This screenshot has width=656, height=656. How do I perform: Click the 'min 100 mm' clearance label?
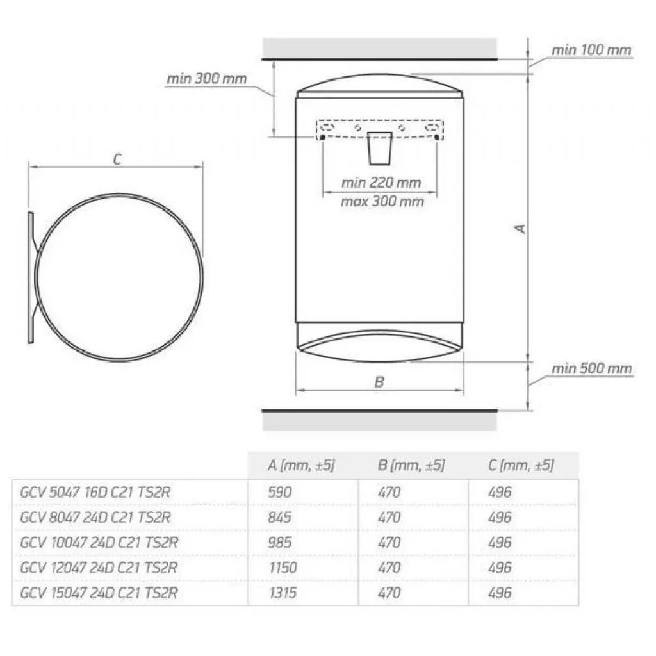coord(592,50)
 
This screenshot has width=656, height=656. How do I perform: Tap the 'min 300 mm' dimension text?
coord(207,79)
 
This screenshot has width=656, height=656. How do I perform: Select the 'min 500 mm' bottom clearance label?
coord(592,368)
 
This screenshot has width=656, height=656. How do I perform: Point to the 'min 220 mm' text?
coord(381,183)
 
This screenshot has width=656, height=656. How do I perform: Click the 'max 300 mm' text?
coord(381,201)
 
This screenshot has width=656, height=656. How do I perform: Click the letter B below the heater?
coord(379,382)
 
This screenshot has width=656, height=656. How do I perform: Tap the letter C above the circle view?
coord(117,160)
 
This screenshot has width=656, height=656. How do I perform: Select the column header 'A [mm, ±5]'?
coord(301,465)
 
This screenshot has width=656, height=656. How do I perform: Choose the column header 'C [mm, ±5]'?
coord(520,465)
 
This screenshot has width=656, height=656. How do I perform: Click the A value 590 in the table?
coord(279,492)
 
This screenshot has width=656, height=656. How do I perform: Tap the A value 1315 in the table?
coord(282,593)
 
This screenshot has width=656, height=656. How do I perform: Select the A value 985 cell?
coord(279,543)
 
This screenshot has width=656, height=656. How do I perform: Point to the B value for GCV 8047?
coord(389,517)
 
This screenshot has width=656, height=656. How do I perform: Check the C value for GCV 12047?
coord(500,568)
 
